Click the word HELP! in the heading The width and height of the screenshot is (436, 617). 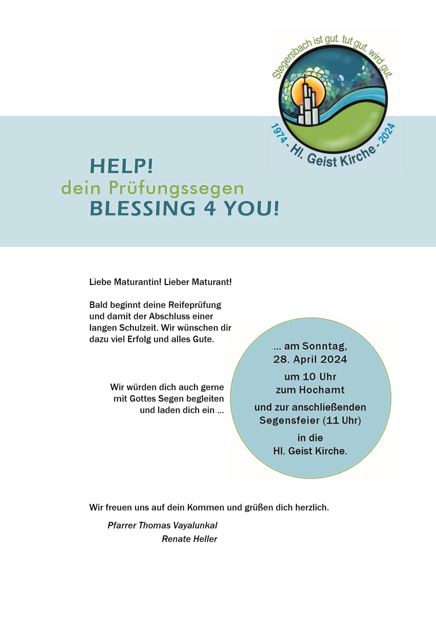pos(121,166)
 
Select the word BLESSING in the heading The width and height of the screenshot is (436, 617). pos(143,208)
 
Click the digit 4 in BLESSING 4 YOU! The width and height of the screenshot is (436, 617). pos(210,208)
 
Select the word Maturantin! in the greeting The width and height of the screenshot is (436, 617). pos(138,282)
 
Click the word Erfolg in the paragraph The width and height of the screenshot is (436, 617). pos(139,339)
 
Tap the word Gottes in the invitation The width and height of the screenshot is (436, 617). pos(143,399)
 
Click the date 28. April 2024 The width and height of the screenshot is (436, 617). pos(310,359)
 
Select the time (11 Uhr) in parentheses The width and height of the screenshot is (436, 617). pos(342,420)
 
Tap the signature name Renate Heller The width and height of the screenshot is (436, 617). pos(189,539)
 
